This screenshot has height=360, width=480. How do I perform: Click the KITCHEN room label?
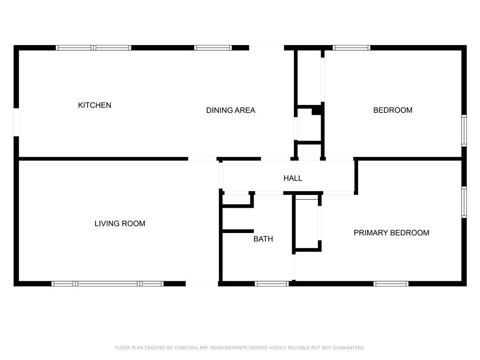[95, 105]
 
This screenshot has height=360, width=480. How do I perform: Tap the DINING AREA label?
[231, 110]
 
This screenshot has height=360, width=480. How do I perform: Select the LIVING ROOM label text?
[120, 224]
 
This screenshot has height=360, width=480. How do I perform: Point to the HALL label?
[292, 178]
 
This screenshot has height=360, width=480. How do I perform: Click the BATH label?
[263, 239]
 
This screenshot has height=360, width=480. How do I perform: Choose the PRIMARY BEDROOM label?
[391, 232]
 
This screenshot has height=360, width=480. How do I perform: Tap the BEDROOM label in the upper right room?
[393, 110]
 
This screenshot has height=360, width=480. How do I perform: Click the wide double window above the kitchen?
[93, 48]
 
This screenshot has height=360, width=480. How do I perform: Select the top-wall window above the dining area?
[213, 48]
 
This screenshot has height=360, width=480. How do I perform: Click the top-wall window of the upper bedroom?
[352, 48]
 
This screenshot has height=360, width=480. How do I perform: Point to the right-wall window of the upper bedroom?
[464, 131]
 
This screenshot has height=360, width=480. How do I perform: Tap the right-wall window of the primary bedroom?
[464, 202]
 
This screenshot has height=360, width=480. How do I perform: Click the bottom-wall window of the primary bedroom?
[391, 284]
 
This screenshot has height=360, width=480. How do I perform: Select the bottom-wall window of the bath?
[272, 284]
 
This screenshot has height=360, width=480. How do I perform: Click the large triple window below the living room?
[107, 284]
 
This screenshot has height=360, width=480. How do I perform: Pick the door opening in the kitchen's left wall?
[16, 122]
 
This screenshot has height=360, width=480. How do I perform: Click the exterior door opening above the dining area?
[266, 48]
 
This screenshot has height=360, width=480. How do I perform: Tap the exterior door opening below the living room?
[202, 284]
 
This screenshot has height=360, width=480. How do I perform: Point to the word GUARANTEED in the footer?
[349, 348]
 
